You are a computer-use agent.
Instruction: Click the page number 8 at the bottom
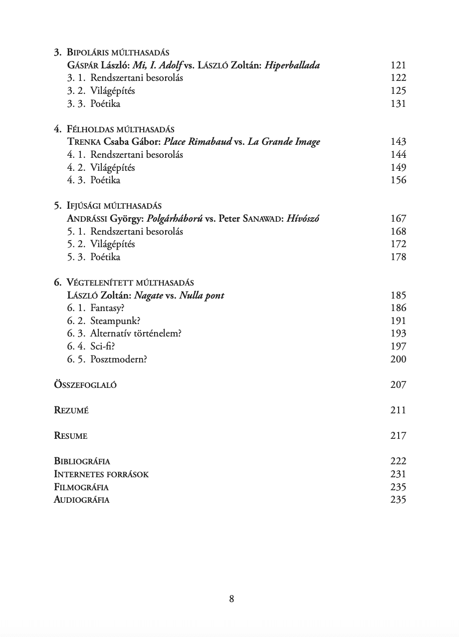coord(231,599)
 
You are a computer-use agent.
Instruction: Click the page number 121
coord(398,65)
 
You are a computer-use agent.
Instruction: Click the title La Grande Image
coord(283,142)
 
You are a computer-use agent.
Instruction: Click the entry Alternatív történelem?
coord(136,333)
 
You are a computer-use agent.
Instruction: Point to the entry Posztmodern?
coord(119,359)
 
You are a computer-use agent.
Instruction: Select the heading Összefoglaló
coord(85,385)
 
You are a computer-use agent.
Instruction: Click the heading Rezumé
coord(71,410)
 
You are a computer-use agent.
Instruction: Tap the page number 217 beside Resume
coord(398,436)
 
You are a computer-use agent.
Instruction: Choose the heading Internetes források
coord(101,474)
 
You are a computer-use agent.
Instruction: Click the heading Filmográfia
coord(81,487)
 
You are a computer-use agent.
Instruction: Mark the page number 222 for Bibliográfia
coord(398,461)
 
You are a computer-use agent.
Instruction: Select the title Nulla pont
coord(202,296)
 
